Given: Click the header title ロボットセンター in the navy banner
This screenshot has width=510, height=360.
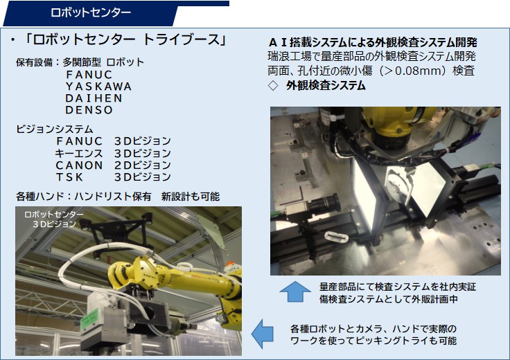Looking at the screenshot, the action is tap(91, 12).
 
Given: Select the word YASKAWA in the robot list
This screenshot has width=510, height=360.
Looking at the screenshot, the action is tap(98, 87).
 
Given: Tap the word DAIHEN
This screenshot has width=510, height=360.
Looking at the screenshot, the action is tap(94, 98).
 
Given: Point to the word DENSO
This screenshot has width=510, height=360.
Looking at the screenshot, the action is tap(89, 110).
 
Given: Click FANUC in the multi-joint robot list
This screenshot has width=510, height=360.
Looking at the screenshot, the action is tap(89, 75).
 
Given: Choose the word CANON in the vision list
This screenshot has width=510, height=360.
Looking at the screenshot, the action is tap(79, 165).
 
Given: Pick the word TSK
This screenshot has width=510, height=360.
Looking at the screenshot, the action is tap(69, 177).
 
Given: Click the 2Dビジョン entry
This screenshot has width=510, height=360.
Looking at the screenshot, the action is tap(143, 165).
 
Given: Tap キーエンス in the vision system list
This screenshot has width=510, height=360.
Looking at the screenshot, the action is tap(79, 153).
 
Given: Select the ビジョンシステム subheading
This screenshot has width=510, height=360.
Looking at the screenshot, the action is tap(55, 129).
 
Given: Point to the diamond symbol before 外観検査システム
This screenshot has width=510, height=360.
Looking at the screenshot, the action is tap(273, 86).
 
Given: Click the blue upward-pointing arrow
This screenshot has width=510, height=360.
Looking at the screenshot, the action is tap(295, 291).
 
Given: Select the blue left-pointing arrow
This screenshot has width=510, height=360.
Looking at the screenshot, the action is tap(263, 334).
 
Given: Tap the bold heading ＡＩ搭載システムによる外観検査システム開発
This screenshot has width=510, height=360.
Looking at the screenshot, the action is tap(373, 42).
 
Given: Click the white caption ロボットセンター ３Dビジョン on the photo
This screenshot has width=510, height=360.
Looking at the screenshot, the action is tap(54, 219).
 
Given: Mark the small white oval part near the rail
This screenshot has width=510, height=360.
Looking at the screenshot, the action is tap(336, 237).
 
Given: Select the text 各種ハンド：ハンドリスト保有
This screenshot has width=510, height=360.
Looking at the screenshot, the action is tap(84, 197).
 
